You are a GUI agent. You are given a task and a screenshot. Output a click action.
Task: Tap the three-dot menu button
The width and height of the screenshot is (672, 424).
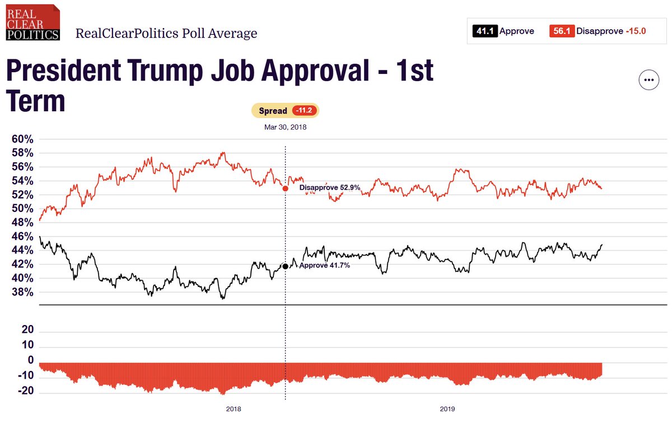point(649,80)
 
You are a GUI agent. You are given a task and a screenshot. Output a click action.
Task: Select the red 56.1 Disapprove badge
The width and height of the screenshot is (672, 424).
point(562,31)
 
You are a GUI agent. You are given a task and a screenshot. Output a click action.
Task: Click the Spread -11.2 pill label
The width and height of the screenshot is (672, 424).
point(285,111)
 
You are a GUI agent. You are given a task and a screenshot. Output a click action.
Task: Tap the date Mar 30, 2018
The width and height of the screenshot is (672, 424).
point(285,127)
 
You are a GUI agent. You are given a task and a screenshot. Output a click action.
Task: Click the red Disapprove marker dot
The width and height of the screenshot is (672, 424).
point(286,189)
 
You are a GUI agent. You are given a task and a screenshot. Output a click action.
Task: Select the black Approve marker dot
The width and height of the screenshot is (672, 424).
point(286,266)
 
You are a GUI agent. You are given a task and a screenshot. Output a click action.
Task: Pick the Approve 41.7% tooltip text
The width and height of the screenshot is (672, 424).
point(325,266)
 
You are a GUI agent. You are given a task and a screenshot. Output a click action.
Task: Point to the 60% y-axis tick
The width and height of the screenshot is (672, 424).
point(22,139)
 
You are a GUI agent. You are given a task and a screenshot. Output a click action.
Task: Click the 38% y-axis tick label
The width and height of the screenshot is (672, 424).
point(22,293)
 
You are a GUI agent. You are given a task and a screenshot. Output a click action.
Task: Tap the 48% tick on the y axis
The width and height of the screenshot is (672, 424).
point(22,223)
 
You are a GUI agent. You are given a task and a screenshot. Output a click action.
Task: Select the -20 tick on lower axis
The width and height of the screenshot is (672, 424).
point(26,392)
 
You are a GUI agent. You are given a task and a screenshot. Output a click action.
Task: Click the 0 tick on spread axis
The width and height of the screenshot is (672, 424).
point(30,360)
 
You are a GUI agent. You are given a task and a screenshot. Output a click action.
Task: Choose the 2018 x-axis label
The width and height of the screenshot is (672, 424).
point(234,409)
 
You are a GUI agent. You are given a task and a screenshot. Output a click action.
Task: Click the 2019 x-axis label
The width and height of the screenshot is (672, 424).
point(447,409)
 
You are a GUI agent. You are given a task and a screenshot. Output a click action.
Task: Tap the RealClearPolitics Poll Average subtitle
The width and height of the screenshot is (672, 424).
point(166,34)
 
